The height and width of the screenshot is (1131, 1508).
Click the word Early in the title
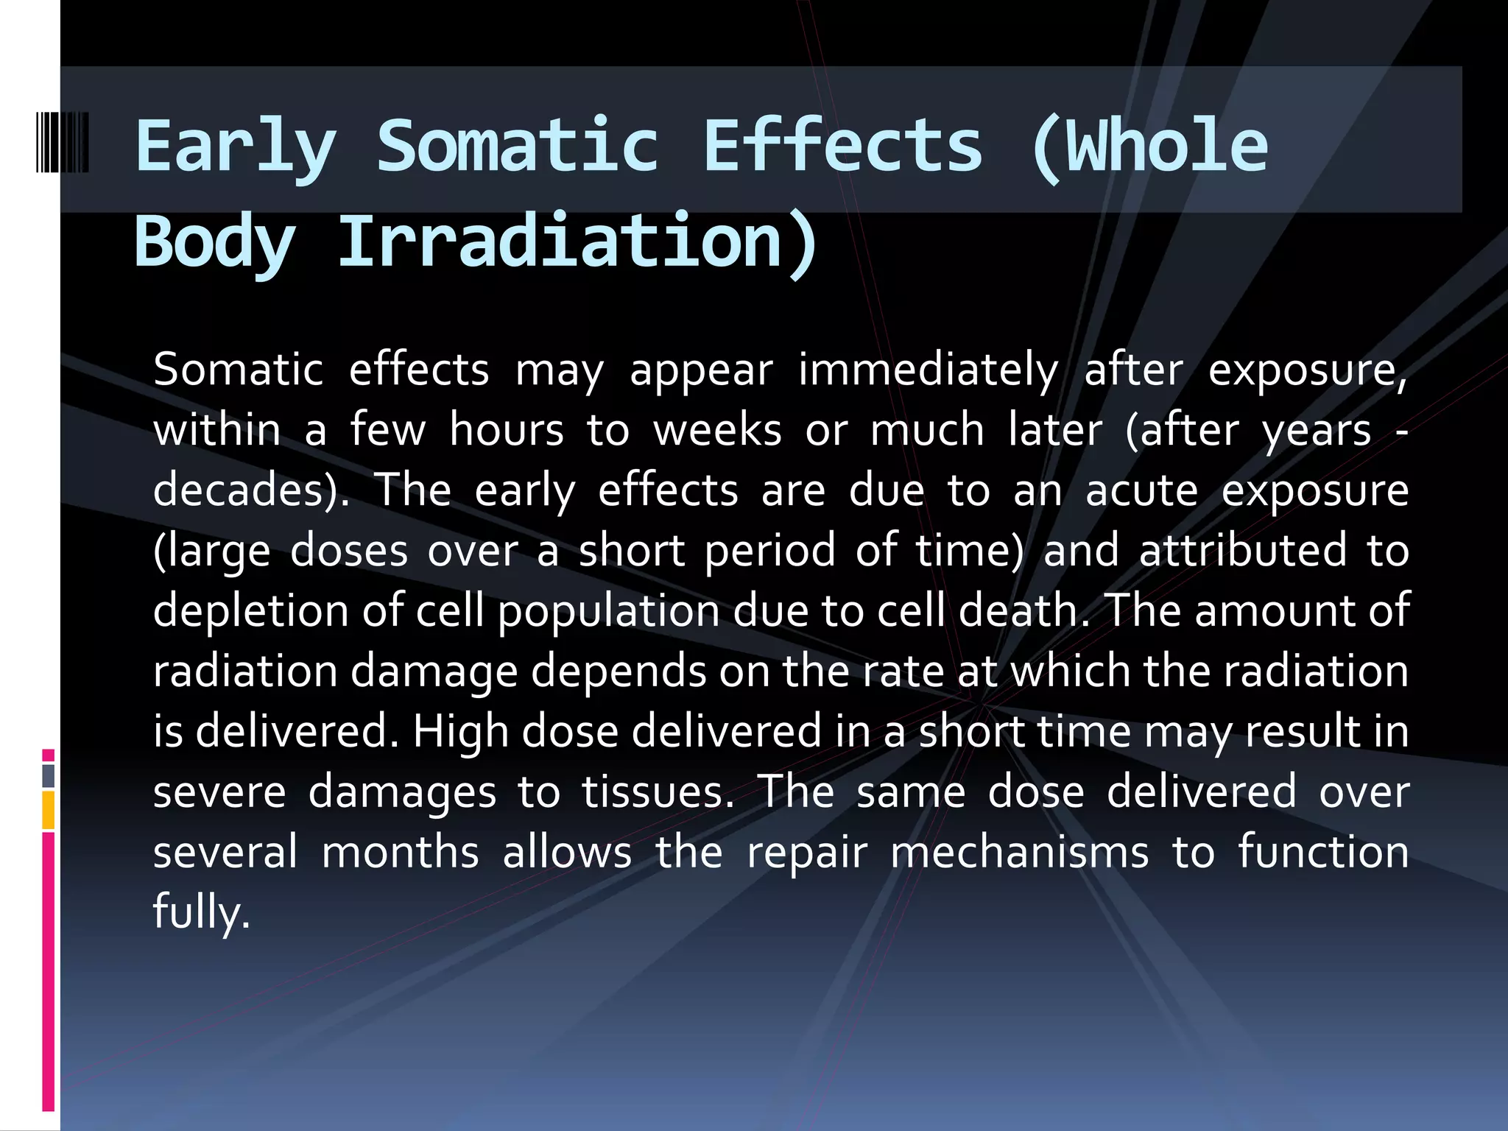pos(235,147)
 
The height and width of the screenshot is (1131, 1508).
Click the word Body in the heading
pos(214,242)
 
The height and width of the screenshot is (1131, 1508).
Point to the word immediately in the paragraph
pos(928,370)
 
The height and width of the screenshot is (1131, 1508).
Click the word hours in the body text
pos(506,430)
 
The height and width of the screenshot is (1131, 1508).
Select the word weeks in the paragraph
pos(717,430)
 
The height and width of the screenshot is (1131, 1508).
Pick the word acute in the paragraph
pos(1141,490)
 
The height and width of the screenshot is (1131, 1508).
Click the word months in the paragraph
pos(401,853)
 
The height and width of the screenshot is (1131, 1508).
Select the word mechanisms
pos(1019,853)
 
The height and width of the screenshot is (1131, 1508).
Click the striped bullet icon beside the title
pos(63,143)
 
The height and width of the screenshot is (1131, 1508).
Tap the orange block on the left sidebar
pos(48,810)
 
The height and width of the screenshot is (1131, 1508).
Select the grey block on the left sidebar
pos(48,776)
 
